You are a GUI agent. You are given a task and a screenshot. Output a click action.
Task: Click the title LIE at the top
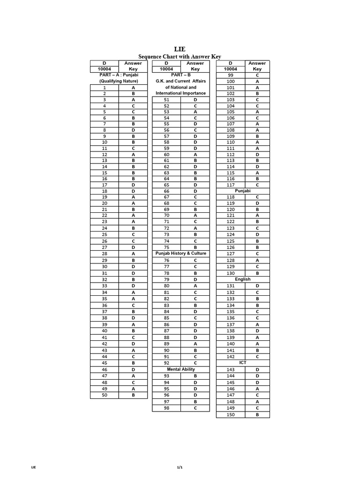[x=180, y=49]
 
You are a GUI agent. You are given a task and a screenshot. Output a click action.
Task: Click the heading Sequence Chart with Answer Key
[x=180, y=57]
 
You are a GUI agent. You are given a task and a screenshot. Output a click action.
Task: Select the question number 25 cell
[x=105, y=234]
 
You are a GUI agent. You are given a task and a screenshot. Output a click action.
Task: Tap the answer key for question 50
[x=133, y=395]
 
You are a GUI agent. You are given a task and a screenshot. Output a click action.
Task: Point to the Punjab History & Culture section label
[x=180, y=254]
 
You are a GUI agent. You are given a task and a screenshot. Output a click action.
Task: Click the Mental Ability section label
[x=180, y=369]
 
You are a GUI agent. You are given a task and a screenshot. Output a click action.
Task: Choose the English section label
[x=243, y=279]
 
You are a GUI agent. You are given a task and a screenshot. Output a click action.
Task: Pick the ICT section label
[x=243, y=363]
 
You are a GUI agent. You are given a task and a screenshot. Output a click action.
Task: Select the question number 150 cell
[x=231, y=415]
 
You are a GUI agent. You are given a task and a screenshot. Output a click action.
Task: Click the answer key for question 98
[x=195, y=408]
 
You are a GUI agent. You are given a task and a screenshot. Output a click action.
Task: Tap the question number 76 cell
[x=166, y=260]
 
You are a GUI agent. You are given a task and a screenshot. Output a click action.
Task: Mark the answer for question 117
[x=257, y=185]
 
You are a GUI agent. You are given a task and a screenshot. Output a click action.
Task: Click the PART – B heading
[x=180, y=75]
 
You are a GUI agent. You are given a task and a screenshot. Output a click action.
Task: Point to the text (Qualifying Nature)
[x=119, y=81]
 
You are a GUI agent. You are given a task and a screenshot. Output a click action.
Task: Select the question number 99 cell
[x=231, y=75]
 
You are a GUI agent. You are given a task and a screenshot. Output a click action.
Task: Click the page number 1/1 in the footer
[x=180, y=467]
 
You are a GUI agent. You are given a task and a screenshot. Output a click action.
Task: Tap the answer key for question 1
[x=133, y=88]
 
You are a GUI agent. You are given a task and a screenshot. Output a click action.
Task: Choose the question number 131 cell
[x=231, y=286]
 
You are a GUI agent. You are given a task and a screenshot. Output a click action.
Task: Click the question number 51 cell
[x=166, y=100]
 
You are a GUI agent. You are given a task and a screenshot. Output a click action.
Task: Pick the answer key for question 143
[x=257, y=369]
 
